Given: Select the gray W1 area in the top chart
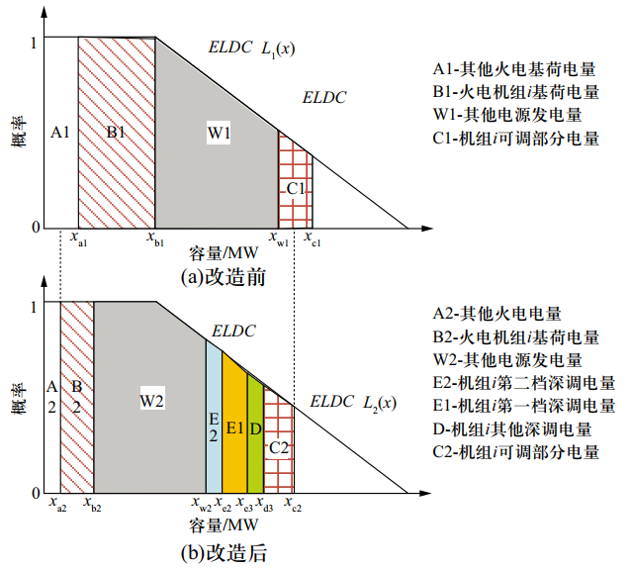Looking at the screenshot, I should click(x=218, y=178).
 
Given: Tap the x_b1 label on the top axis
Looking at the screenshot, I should click(x=155, y=238).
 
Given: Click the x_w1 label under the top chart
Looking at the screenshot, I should click(x=280, y=238).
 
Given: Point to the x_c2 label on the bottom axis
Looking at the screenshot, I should click(x=293, y=505).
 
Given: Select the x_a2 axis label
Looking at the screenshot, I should click(x=57, y=505).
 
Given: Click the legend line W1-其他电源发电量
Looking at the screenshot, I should click(x=515, y=116).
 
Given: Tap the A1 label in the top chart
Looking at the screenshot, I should click(x=58, y=132).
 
